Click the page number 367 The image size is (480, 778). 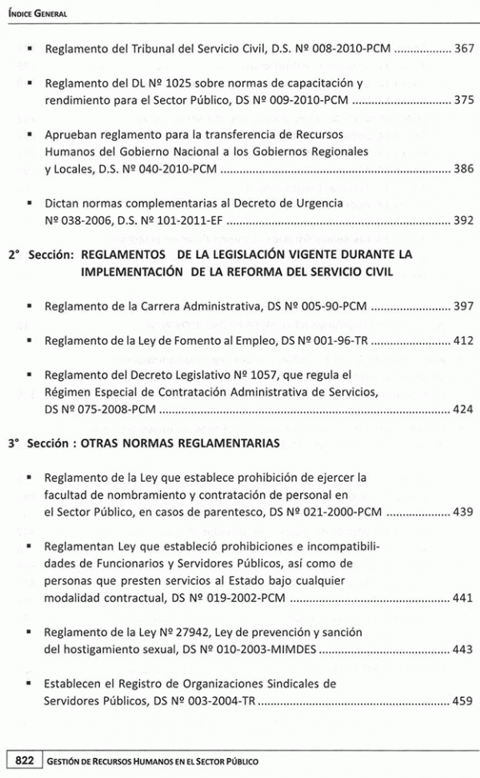point(463,49)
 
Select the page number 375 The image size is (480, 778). point(463,101)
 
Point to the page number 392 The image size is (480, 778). point(463,221)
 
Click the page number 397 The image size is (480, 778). point(463,306)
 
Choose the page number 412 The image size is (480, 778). point(463,341)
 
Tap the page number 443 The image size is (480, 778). point(463,650)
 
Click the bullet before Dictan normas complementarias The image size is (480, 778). point(30,203)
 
